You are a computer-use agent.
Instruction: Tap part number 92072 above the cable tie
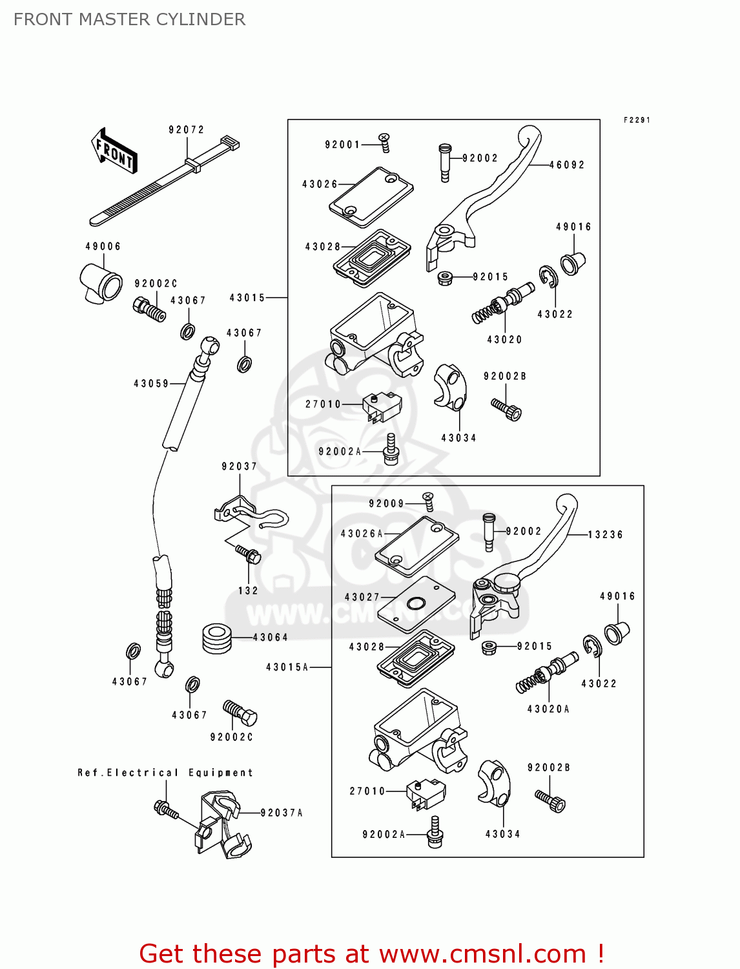pos(187,130)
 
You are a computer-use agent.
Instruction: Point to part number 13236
pos(605,535)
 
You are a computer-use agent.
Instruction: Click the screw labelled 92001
pos(384,143)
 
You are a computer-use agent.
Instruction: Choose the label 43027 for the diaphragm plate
pos(362,598)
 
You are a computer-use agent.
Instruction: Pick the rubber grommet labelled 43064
pos(217,638)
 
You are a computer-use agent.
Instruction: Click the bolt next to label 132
pos(248,554)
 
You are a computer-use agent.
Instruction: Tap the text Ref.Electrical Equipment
pos(165,773)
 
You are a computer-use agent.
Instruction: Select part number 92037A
pos(282,813)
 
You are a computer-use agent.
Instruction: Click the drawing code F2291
pos(637,120)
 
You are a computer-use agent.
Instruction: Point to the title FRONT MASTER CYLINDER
pos(129,19)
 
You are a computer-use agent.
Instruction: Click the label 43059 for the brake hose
pos(151,384)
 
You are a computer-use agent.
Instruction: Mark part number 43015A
pos(287,667)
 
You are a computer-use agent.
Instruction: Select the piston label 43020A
pos(548,709)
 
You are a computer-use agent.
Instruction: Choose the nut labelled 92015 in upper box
pos(444,278)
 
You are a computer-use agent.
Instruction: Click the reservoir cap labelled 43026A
pos(417,546)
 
